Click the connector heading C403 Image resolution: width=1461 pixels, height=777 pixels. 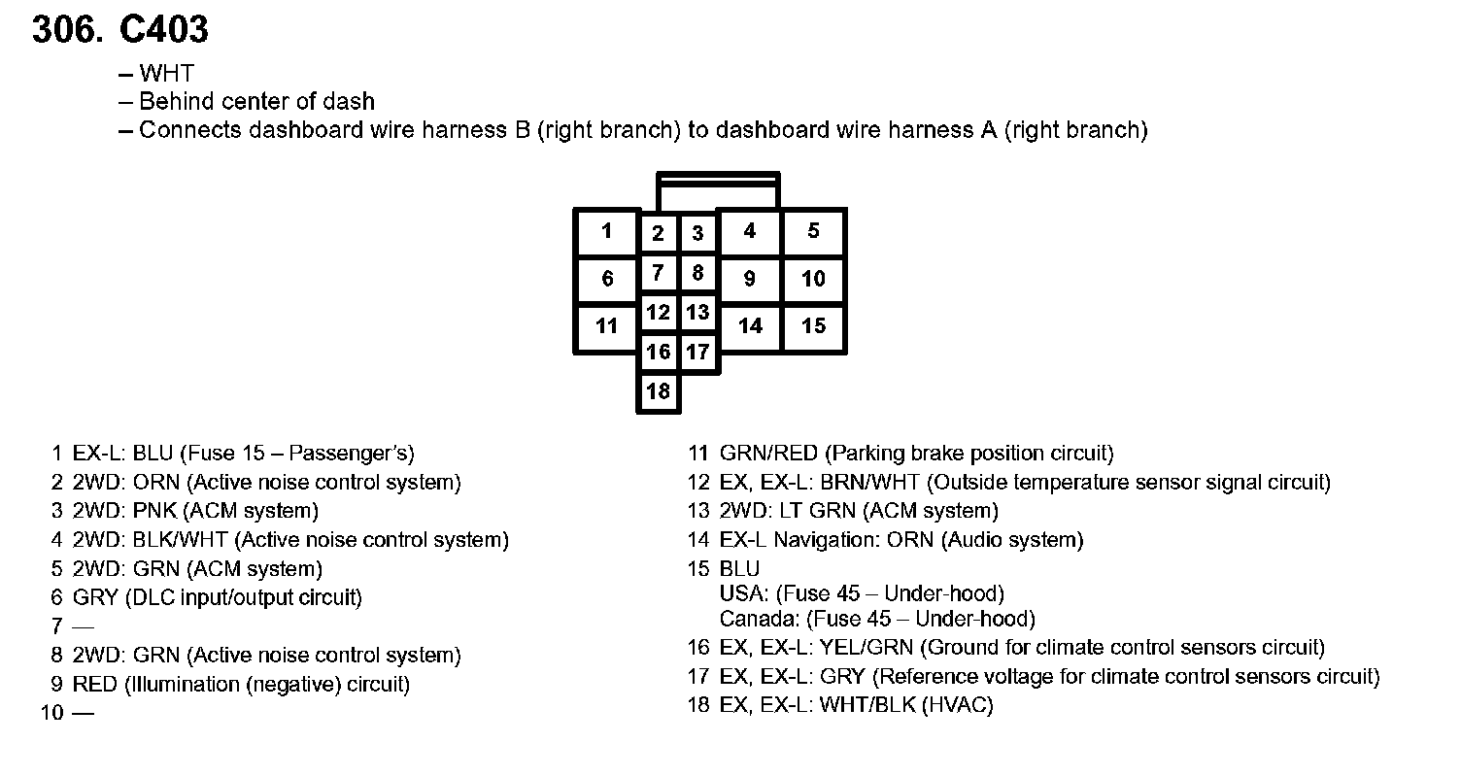coord(163,30)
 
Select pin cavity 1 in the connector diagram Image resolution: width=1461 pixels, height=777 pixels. coord(607,232)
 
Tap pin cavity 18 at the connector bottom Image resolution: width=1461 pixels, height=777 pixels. coord(659,391)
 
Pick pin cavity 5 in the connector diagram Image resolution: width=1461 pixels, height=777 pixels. coord(813,232)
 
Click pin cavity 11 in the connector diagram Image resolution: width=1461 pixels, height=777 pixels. coord(607,326)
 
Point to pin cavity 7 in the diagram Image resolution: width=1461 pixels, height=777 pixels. coord(659,273)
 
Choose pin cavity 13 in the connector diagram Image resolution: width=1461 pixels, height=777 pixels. coord(697,313)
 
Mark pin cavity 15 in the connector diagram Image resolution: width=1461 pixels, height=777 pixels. coord(813,326)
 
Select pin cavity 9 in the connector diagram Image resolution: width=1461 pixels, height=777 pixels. coord(749,279)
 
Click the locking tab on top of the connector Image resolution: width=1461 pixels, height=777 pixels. coord(718,179)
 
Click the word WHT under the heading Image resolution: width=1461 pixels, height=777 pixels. coord(166,73)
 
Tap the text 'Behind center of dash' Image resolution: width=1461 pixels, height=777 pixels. coord(256,101)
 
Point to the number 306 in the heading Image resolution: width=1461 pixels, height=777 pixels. coord(66,30)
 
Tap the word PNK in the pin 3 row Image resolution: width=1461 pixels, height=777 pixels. coord(155,511)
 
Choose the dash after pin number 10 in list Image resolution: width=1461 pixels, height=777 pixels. coord(84,714)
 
